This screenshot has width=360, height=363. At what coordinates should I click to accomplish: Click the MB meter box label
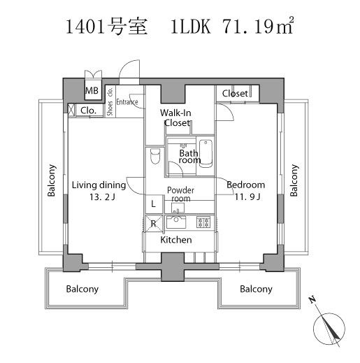click(x=92, y=90)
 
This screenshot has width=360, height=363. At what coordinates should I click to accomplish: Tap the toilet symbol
click(x=155, y=156)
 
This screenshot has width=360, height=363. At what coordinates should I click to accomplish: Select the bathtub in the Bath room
click(x=206, y=153)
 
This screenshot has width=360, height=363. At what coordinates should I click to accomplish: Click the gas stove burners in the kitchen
click(x=203, y=222)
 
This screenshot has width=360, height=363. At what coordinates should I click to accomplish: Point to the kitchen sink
click(x=176, y=222)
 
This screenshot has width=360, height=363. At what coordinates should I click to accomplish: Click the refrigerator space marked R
click(x=154, y=224)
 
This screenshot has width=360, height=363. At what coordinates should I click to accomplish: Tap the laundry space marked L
click(x=154, y=204)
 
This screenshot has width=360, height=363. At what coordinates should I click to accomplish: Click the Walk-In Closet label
click(x=176, y=118)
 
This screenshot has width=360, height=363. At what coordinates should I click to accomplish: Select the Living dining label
click(x=99, y=185)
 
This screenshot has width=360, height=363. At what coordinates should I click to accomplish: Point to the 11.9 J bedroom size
click(x=247, y=197)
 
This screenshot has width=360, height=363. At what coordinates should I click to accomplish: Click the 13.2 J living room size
click(x=102, y=197)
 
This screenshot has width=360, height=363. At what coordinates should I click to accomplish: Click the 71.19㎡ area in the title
click(x=257, y=26)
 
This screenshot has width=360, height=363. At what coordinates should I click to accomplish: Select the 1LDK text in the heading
click(x=191, y=27)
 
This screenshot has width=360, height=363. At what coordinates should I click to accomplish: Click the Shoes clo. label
click(x=110, y=101)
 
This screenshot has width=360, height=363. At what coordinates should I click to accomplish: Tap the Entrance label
click(x=127, y=102)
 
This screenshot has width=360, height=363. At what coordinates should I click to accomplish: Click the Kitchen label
click(x=176, y=240)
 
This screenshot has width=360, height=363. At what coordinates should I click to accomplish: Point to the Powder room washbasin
click(x=178, y=208)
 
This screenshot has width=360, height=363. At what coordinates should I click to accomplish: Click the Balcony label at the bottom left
click(x=82, y=289)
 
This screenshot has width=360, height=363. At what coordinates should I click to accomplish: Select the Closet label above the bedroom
click(x=235, y=94)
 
